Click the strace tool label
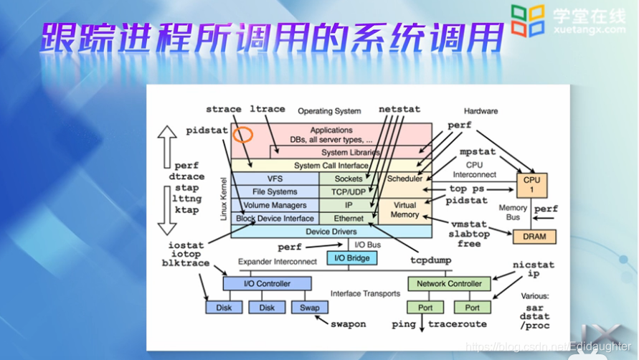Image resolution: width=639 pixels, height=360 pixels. [x=223, y=110]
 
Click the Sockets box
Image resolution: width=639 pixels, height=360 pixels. [x=349, y=179]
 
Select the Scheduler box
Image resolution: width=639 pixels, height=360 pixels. [x=404, y=179]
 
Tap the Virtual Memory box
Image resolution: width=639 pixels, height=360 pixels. [x=404, y=209]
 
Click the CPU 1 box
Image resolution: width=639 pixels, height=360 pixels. [x=531, y=185]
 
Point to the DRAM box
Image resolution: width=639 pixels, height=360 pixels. [x=534, y=237]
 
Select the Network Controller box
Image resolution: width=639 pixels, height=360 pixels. [x=450, y=284]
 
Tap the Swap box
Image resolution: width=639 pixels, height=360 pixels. [x=309, y=308]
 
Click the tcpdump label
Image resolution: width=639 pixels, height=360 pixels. [x=430, y=260]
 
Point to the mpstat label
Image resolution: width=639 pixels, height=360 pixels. [x=478, y=153]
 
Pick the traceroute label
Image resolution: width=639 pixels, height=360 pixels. [x=457, y=324]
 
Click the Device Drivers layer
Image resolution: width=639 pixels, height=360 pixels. [x=331, y=232]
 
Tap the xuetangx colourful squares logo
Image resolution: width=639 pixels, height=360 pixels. [x=528, y=21]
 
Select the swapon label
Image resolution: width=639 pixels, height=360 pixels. [x=348, y=324]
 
